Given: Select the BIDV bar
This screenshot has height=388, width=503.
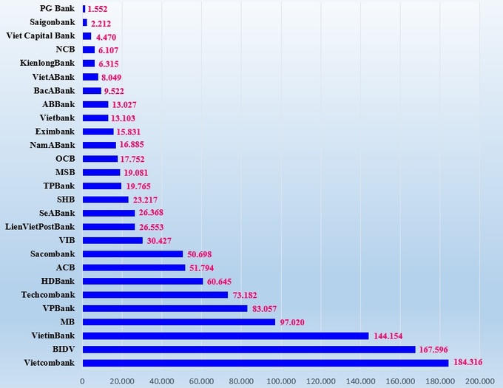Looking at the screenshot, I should point(249,349).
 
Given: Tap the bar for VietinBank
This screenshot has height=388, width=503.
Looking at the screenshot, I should point(226,336).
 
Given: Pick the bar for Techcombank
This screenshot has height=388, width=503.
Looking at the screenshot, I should point(155,295).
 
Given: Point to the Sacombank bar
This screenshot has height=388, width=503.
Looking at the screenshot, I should point(132,254).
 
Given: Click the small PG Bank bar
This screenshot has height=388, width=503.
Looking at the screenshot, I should point(84,9).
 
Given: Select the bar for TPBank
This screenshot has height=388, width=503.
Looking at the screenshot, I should point(101,186).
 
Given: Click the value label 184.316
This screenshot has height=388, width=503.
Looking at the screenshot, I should point(471,363).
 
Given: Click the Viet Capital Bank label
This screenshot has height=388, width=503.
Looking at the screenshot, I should point(40,36).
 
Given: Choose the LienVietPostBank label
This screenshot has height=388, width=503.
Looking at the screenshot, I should point(40,227).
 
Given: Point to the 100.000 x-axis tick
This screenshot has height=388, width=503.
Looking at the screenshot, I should point(280,381).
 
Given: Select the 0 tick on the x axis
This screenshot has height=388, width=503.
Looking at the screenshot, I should point(82,381).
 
